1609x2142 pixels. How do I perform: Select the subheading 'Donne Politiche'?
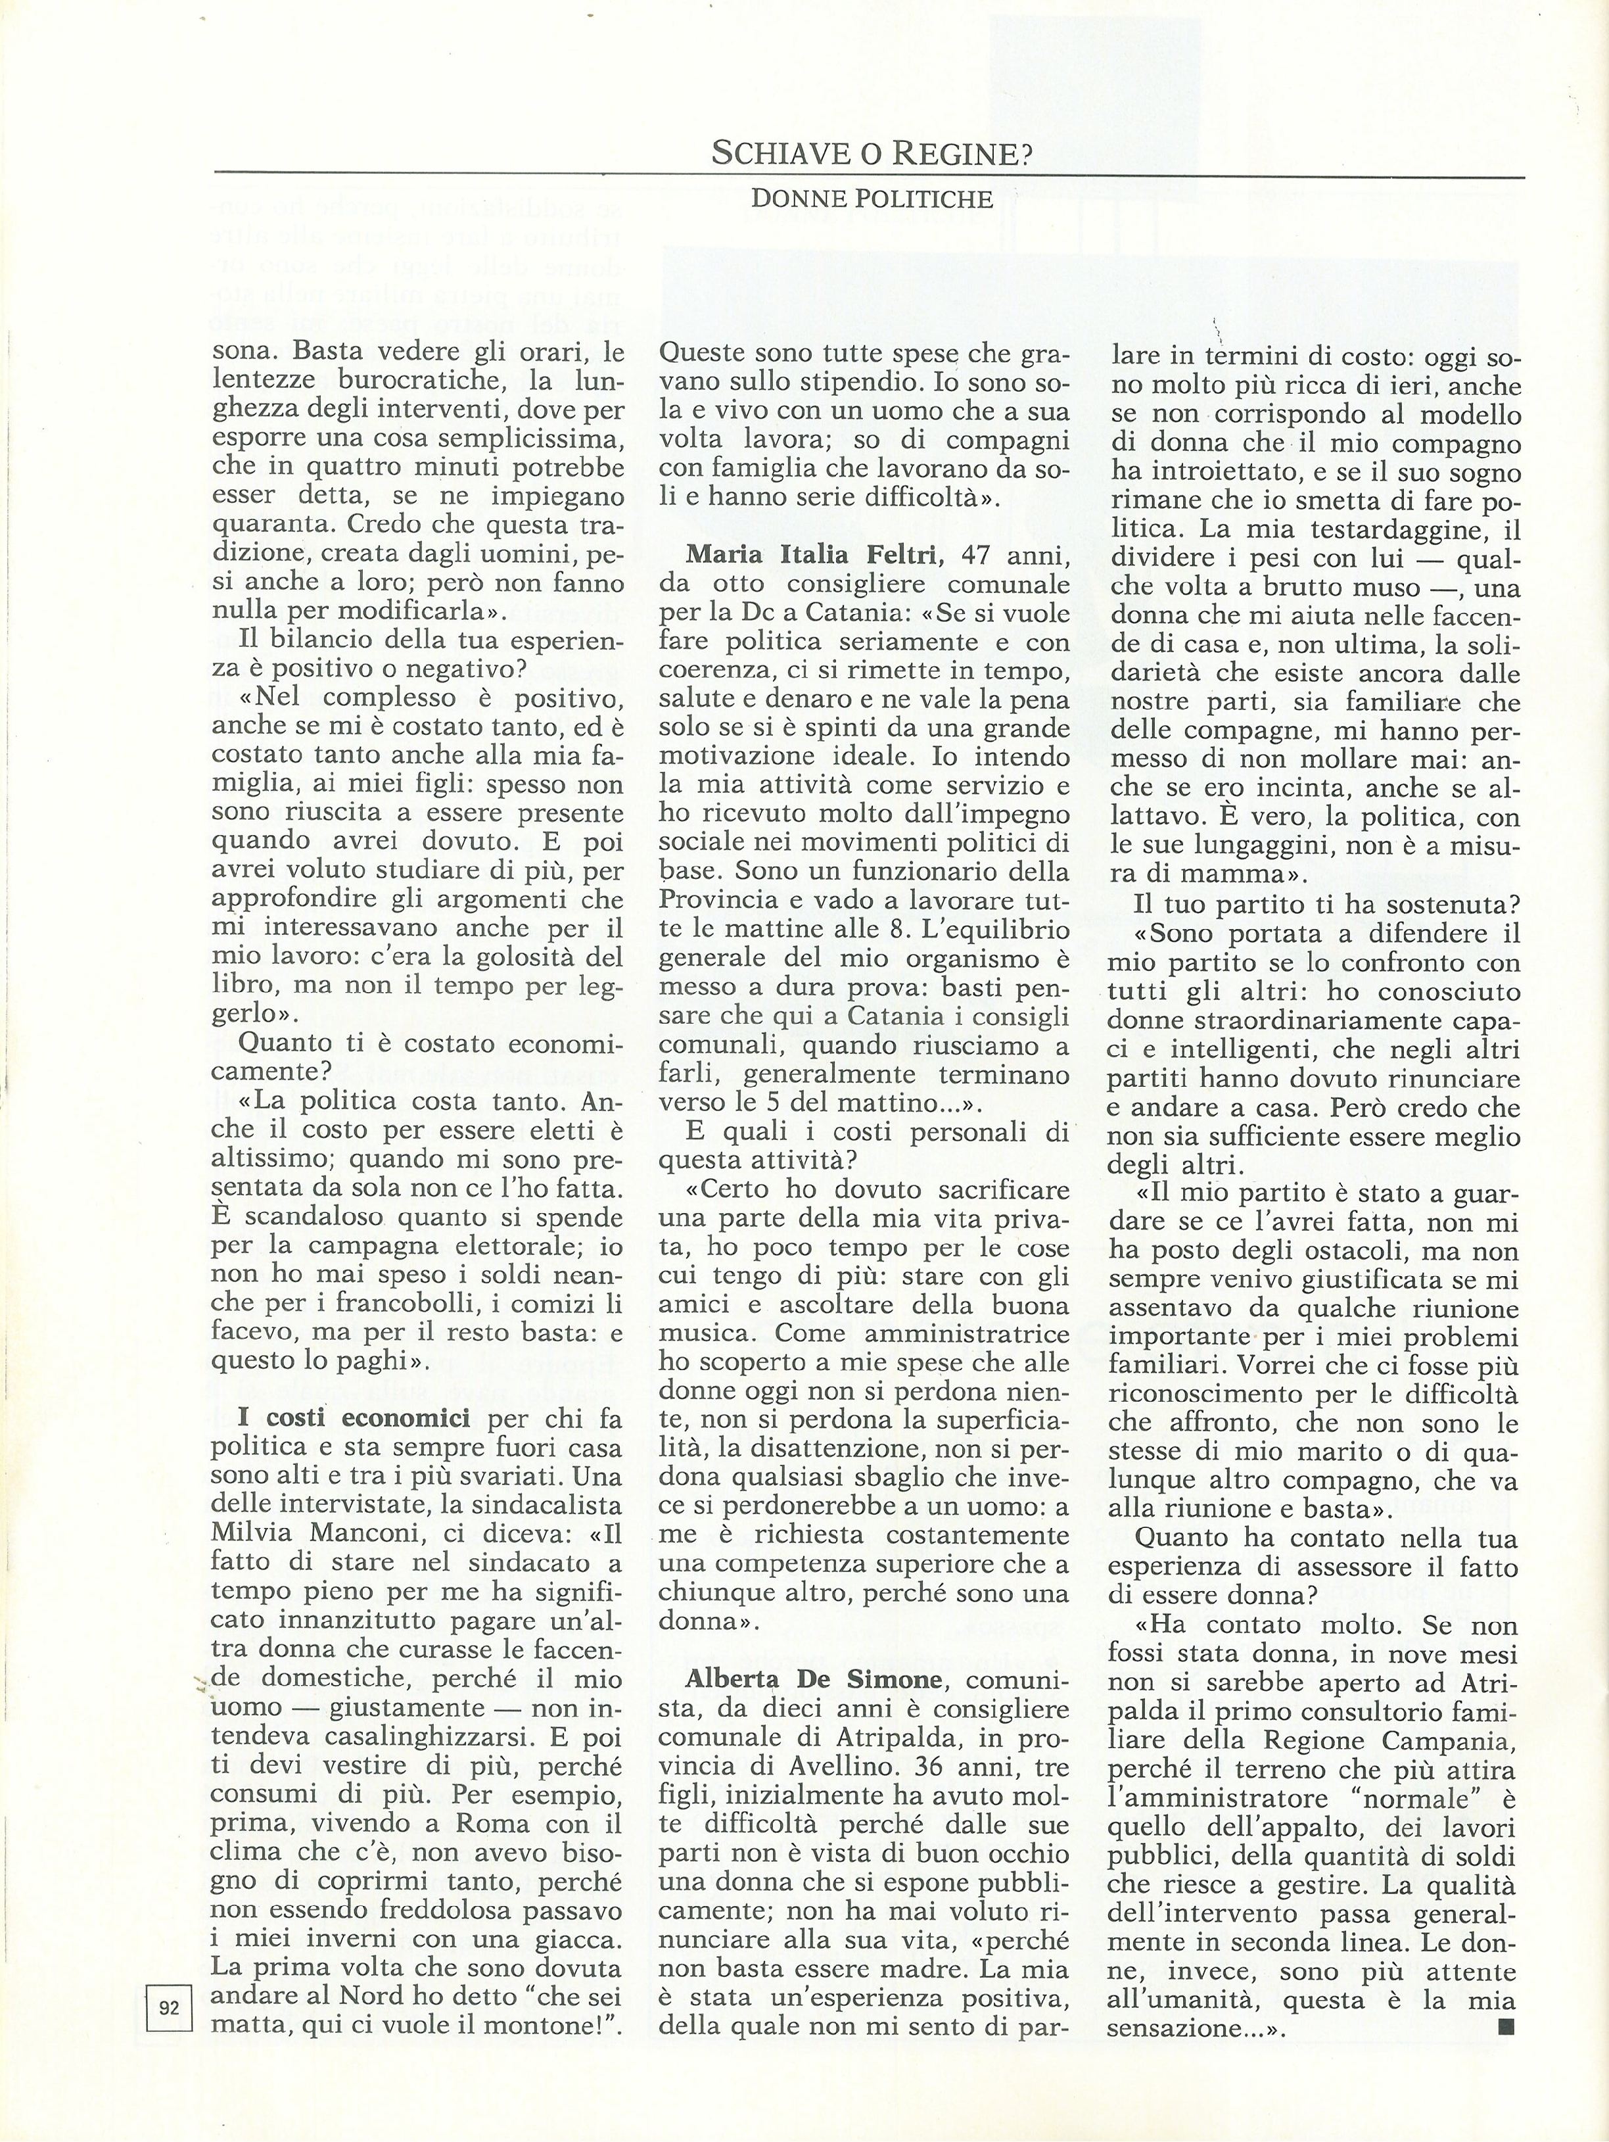(872, 199)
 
